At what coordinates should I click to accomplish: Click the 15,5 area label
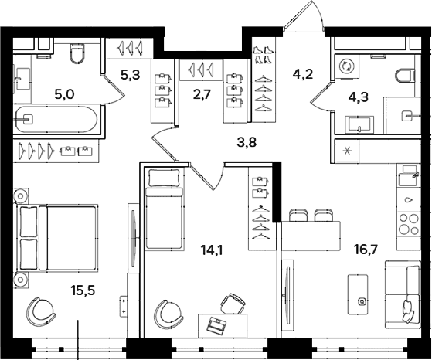[83, 290]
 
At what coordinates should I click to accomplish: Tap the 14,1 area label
[212, 250]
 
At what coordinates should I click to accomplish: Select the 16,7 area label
[366, 250]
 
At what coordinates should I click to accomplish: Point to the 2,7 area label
[202, 95]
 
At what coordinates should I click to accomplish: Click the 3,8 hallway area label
[247, 142]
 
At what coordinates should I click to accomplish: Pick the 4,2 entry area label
[304, 74]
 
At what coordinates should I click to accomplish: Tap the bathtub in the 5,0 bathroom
[56, 120]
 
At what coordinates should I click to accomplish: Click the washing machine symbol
[345, 66]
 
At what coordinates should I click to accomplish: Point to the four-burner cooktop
[409, 224]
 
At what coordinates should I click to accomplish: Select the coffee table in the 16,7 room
[358, 294]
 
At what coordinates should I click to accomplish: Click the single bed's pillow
[165, 178]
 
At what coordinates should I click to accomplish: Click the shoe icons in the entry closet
[262, 54]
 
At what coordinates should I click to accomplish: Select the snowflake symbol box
[346, 151]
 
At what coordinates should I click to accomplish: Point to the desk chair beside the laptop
[233, 304]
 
